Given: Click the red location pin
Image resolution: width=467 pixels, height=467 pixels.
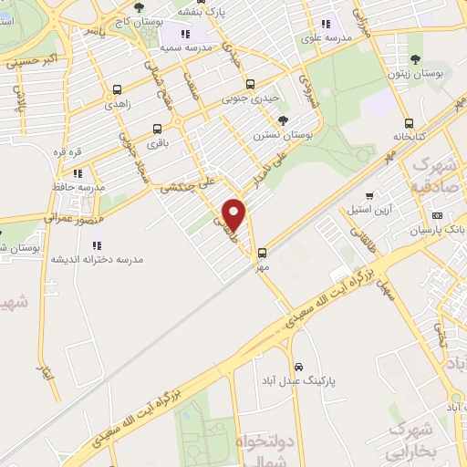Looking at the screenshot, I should click(235, 214).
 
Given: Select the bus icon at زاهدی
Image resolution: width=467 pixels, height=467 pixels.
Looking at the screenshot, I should click(117, 90).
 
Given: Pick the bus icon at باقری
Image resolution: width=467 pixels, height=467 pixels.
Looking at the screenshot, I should click(158, 129).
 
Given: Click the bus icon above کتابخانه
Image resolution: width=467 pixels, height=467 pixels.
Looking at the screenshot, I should click(409, 122).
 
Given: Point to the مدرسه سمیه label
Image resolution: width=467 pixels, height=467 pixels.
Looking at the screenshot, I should click(186, 46).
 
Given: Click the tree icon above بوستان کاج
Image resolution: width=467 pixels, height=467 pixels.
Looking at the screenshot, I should click(139, 8).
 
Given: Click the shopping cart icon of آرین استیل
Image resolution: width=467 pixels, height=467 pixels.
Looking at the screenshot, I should click(369, 195).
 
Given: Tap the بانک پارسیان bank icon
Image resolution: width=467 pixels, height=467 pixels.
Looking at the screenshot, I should click(438, 215).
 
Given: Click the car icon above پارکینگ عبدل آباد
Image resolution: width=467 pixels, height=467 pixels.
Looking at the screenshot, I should click(299, 366).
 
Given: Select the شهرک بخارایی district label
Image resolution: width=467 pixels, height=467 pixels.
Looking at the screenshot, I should click(422, 440).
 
